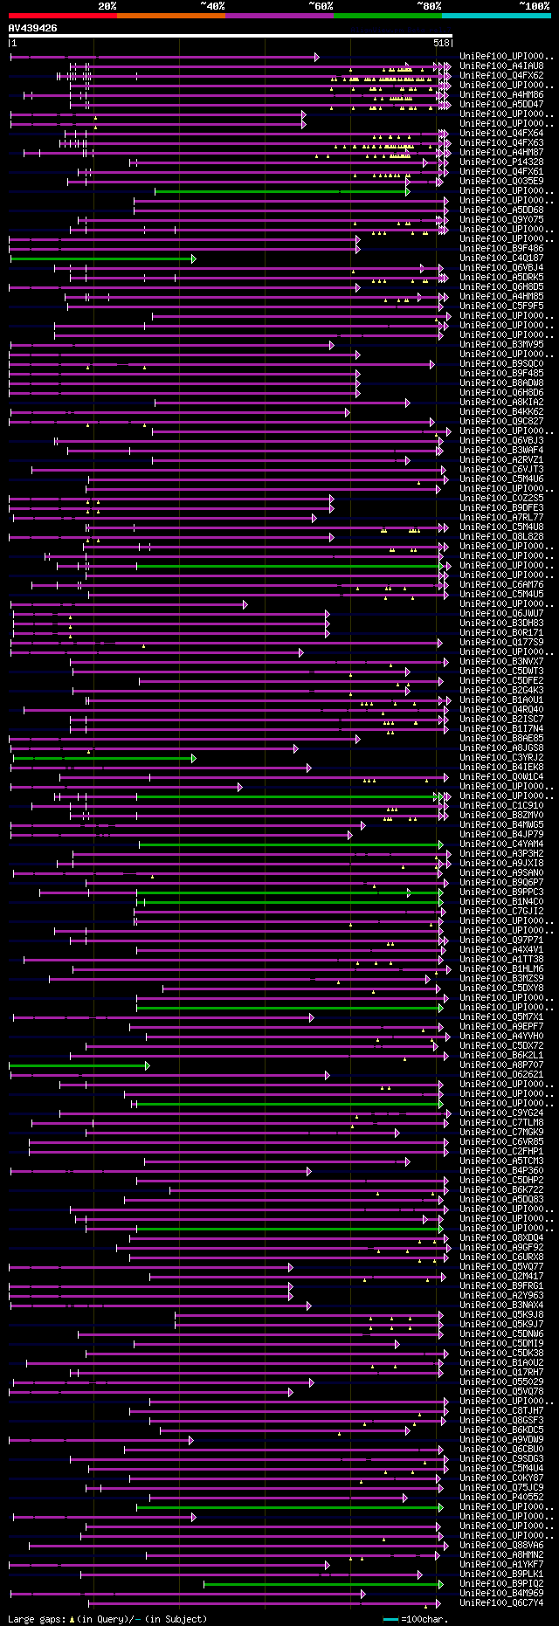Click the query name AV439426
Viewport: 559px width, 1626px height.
point(33,28)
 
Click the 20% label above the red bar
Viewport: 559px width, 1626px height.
point(107,6)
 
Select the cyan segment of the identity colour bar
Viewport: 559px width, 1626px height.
point(495,15)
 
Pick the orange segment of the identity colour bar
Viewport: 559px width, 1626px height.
point(170,15)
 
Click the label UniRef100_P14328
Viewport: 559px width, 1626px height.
point(501,162)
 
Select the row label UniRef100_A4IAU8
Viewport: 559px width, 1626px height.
point(501,66)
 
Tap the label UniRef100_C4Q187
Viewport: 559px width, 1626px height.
point(501,258)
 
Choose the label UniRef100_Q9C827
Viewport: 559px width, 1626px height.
point(501,422)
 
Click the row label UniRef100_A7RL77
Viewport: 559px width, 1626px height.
point(501,518)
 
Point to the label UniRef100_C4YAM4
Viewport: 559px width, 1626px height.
point(501,844)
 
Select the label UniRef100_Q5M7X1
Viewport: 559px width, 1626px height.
point(501,1017)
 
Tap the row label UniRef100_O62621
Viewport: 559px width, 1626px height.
point(501,1075)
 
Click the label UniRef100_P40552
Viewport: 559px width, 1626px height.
point(501,1498)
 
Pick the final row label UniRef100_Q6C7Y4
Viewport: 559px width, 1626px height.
point(501,1603)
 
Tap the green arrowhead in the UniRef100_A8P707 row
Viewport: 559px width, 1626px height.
point(148,1065)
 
